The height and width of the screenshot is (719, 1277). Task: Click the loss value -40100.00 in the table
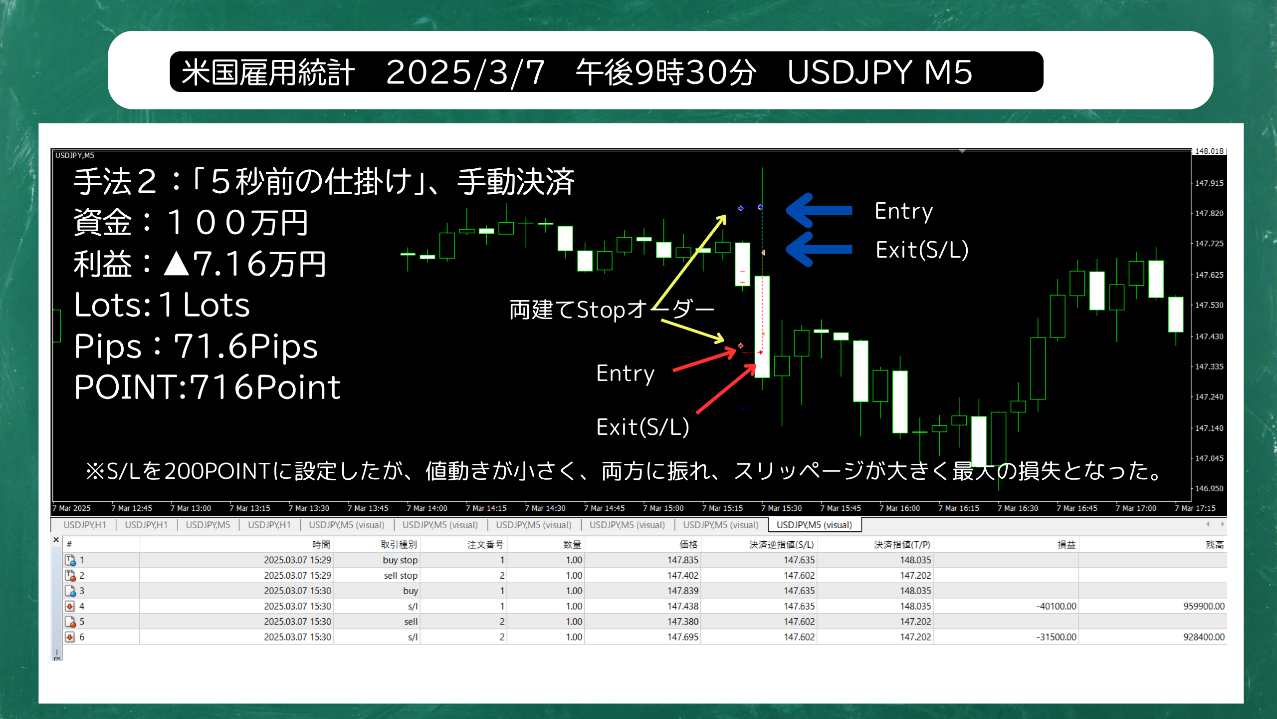coord(1056,606)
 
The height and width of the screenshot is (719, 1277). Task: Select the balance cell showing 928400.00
coord(1204,637)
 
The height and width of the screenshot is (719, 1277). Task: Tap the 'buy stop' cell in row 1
coord(400,560)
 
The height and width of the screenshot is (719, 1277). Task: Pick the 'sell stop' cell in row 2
coord(401,576)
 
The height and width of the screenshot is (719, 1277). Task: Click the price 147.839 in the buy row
coord(683,591)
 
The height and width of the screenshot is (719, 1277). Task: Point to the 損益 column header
coord(1066,545)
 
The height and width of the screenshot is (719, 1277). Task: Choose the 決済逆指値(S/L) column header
coord(781,545)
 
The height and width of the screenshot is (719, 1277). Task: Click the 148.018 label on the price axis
coord(1209,151)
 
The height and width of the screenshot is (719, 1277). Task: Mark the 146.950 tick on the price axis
coord(1209,488)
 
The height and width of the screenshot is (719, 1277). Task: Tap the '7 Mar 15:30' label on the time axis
coord(781,508)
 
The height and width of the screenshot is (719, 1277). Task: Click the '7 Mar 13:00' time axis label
coord(191,508)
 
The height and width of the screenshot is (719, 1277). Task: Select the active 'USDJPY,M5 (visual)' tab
coord(814,525)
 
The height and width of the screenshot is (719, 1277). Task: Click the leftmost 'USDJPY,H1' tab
coord(85,525)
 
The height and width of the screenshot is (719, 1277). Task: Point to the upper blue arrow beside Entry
coord(819,210)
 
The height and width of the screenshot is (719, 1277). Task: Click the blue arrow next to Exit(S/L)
coord(819,249)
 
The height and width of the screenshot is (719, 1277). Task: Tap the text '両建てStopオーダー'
coord(612,310)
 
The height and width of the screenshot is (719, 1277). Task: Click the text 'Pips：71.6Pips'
coord(196,346)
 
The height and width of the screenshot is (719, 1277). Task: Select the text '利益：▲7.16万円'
coord(200,264)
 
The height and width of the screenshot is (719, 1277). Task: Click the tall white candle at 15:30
coord(762,327)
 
